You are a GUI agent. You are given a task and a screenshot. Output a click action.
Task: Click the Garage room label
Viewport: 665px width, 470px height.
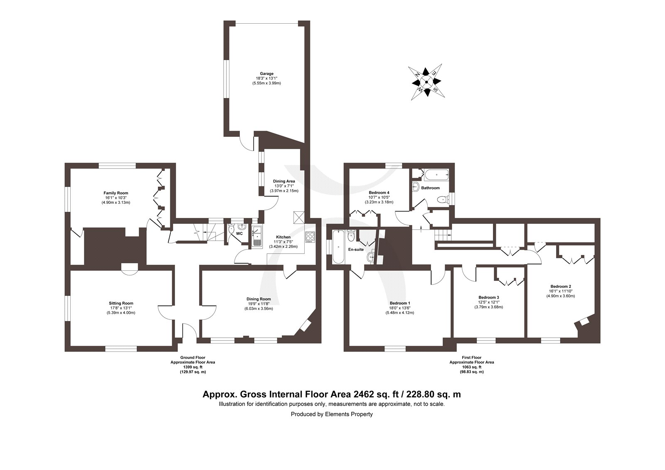click(266, 74)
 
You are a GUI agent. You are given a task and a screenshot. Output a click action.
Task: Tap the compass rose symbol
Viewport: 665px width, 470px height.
click(426, 82)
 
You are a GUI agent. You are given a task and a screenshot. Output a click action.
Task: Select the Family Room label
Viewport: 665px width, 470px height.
click(116, 193)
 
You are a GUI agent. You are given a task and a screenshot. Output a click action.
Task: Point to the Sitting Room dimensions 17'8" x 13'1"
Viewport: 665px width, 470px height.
click(121, 308)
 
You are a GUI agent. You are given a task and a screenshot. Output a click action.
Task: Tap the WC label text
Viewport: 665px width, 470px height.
click(239, 233)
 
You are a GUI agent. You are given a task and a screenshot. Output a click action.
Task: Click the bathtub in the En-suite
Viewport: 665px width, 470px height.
click(338, 246)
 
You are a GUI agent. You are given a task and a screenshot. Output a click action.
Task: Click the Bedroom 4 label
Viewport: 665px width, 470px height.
click(379, 193)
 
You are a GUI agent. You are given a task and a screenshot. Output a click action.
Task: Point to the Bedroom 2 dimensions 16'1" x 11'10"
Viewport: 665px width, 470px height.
click(560, 291)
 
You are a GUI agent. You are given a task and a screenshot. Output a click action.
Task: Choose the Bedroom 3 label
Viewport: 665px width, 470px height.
click(489, 297)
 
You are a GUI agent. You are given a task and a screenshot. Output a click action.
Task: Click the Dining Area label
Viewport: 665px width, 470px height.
click(284, 181)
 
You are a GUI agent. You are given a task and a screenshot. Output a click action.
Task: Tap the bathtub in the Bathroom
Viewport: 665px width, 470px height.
click(436, 175)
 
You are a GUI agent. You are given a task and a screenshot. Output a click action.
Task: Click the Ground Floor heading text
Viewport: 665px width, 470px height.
click(193, 358)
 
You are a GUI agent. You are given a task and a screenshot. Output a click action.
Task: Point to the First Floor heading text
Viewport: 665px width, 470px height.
click(472, 358)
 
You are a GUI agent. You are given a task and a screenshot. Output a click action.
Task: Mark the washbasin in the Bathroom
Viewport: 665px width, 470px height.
click(416, 187)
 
